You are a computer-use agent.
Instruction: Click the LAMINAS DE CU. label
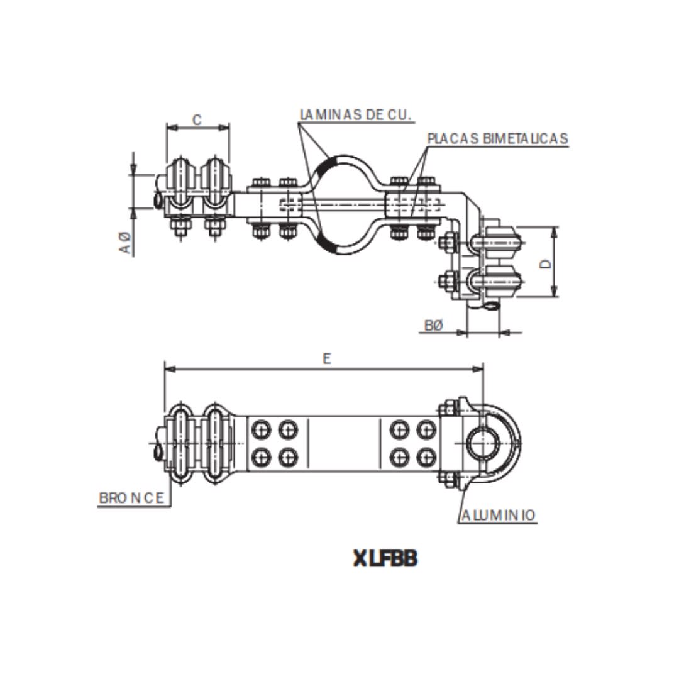(x=356, y=115)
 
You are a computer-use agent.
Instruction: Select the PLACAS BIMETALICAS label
(x=497, y=138)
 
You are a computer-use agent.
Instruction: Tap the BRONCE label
(x=133, y=498)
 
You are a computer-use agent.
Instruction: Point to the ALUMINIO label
(x=499, y=516)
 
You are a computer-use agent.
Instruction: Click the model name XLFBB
(x=385, y=558)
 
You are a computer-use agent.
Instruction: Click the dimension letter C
(x=197, y=119)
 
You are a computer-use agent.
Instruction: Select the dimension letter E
(x=326, y=359)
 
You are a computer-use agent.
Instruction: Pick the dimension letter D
(x=546, y=263)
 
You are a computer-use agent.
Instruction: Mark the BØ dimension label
(x=434, y=325)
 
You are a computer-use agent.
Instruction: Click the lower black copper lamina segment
(x=329, y=243)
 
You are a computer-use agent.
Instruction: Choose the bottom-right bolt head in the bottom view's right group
(x=426, y=456)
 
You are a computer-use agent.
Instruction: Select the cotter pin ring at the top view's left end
(x=157, y=199)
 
